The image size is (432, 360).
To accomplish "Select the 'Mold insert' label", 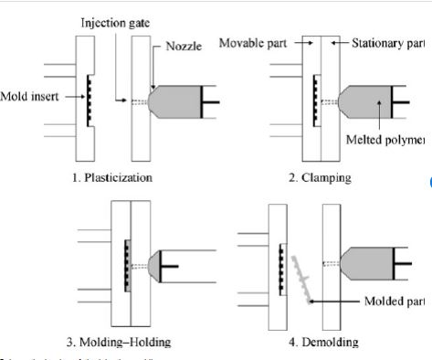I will [x=29, y=95].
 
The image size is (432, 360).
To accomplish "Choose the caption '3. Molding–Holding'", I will [x=119, y=343].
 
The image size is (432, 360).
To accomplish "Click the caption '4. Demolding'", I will [x=321, y=343].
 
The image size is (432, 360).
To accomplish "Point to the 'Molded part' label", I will [x=397, y=301].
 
